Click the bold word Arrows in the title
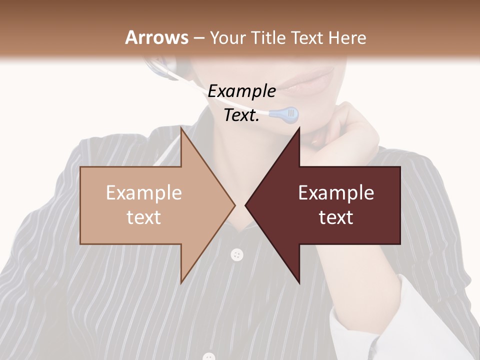[156, 37]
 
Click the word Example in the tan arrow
[144, 192]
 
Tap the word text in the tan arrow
[144, 217]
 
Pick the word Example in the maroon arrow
[336, 192]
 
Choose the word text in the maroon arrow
[336, 217]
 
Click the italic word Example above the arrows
[242, 91]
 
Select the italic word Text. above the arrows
[241, 115]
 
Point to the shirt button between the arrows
[237, 255]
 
